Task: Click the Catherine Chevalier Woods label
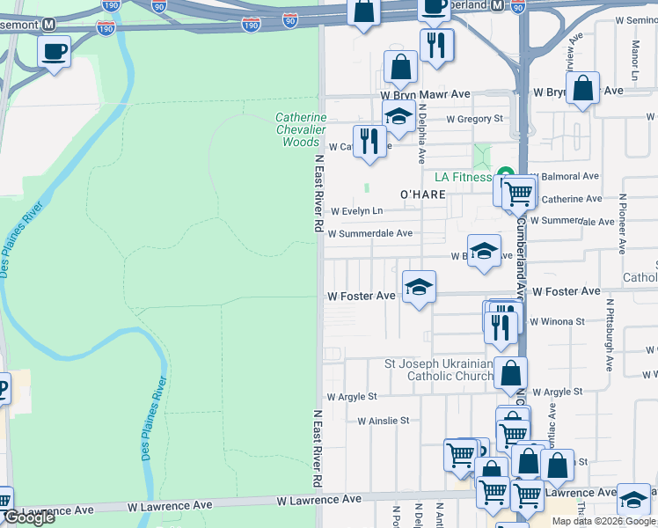coord(301,129)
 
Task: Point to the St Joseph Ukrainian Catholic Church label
coord(439,370)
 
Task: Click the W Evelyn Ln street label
coord(357,211)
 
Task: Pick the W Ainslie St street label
coord(383,421)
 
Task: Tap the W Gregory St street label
coord(474,119)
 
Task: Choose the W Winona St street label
coord(557,322)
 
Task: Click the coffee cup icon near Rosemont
coord(55,51)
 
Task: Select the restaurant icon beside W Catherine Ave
coord(369,141)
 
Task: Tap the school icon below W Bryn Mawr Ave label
coord(398,116)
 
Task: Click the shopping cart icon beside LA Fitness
coord(519,191)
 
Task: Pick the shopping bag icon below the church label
coord(510,373)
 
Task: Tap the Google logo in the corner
coord(29,517)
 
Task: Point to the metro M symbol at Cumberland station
coord(497,4)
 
